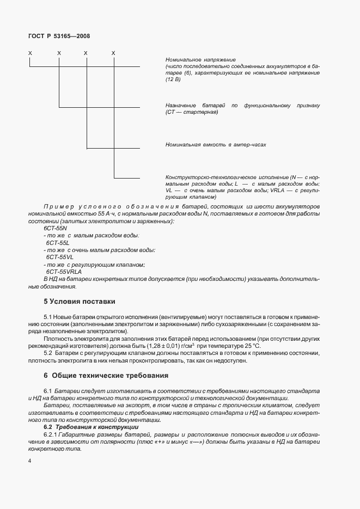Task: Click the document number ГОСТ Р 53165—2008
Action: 59,36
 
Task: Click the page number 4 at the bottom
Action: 30,462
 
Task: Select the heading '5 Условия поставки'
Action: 79,301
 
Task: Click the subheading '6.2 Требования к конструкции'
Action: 91,428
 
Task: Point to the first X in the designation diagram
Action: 30,53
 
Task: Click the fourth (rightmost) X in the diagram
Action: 113,53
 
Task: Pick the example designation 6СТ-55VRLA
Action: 64,271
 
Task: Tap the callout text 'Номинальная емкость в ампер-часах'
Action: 215,145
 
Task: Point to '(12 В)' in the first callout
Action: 173,79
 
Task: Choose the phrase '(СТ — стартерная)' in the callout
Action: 191,112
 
